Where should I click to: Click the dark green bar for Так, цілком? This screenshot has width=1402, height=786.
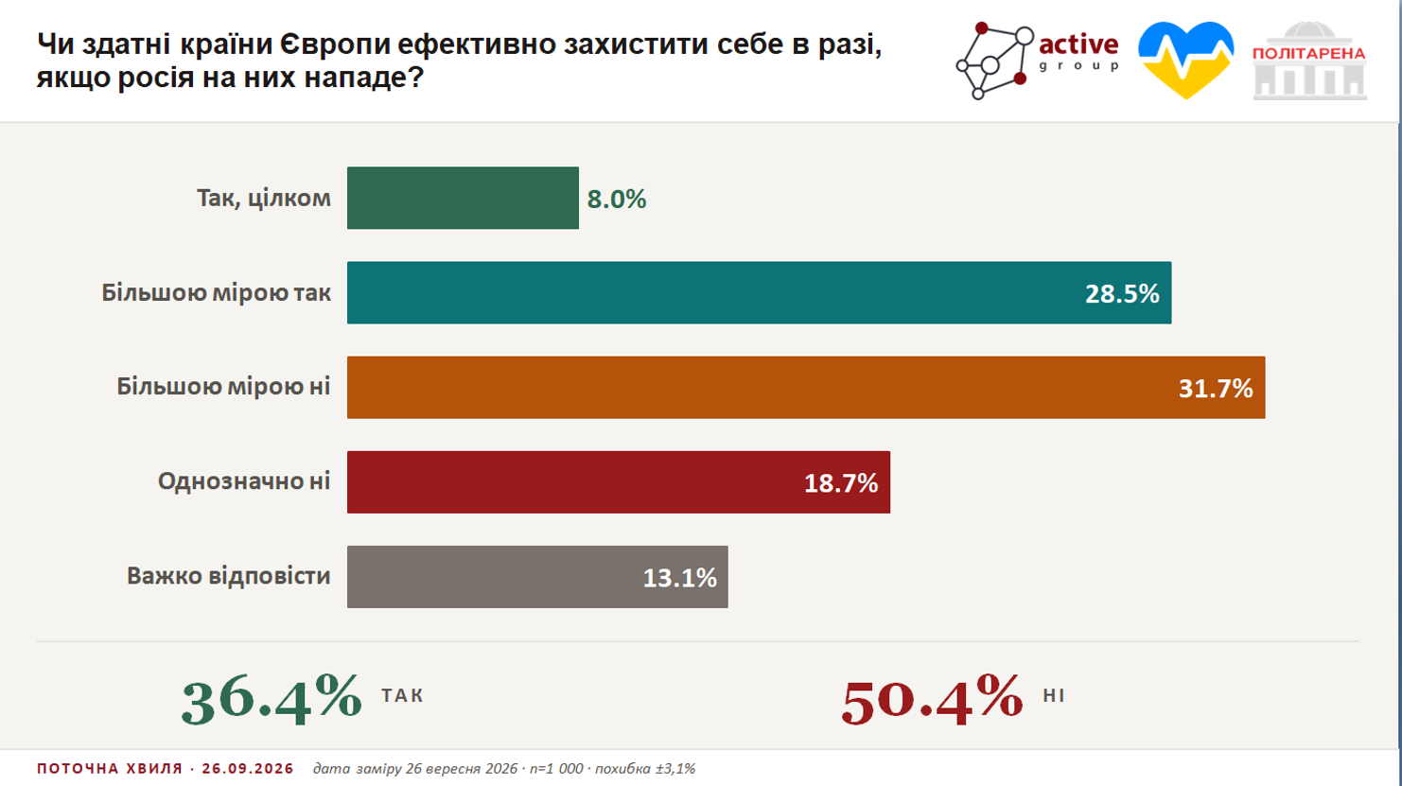(x=463, y=198)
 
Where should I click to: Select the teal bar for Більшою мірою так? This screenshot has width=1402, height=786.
(x=760, y=293)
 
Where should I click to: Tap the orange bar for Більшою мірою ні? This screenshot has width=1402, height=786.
(x=806, y=388)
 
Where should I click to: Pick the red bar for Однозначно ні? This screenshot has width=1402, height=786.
(x=619, y=482)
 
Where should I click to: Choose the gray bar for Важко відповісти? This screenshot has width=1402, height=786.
(x=537, y=577)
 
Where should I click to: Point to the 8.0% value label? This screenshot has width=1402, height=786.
(x=617, y=200)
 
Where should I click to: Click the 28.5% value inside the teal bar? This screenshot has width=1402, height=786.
(x=1122, y=294)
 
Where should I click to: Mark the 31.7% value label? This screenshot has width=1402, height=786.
(x=1217, y=389)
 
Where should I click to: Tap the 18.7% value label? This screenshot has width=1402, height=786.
(x=841, y=483)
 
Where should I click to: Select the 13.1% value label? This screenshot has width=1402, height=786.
(x=680, y=578)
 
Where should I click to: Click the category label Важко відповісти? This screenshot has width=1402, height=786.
(x=228, y=576)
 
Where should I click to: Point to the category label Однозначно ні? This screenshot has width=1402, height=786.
(x=244, y=481)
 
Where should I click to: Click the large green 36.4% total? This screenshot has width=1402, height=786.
(x=272, y=699)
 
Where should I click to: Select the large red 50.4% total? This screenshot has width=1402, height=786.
(x=933, y=699)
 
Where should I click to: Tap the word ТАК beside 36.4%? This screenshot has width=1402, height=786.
(x=402, y=696)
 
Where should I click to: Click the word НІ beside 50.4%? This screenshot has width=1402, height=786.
(x=1054, y=696)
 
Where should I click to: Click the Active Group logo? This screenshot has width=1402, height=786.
(x=1037, y=61)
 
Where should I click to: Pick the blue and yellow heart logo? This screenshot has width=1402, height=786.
(x=1186, y=61)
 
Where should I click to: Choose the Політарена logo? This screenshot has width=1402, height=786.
(x=1309, y=61)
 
